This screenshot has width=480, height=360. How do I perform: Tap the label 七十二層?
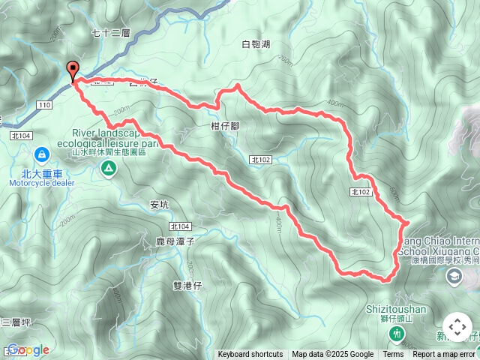111,33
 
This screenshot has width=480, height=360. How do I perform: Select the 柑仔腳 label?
225,127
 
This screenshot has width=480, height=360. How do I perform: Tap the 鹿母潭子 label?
175,241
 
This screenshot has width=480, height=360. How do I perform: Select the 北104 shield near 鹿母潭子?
180,226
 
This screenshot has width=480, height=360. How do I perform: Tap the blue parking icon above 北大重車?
41,155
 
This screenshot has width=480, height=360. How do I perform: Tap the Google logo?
28,350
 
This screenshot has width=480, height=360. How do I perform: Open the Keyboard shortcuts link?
250,355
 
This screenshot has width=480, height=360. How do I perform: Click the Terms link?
393,355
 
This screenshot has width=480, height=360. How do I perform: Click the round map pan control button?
457,328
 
